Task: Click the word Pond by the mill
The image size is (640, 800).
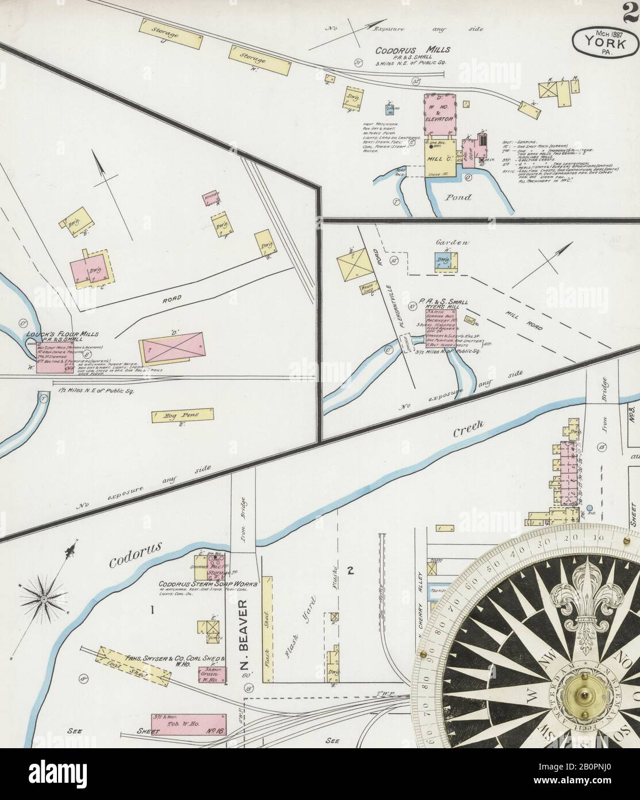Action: click(x=459, y=197)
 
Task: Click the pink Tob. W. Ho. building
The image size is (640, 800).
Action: click(x=189, y=724)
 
